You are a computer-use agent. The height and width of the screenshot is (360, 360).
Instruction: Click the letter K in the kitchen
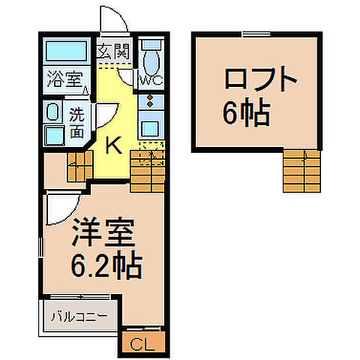[112, 145]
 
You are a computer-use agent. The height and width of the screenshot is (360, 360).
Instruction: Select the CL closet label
[142, 344]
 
